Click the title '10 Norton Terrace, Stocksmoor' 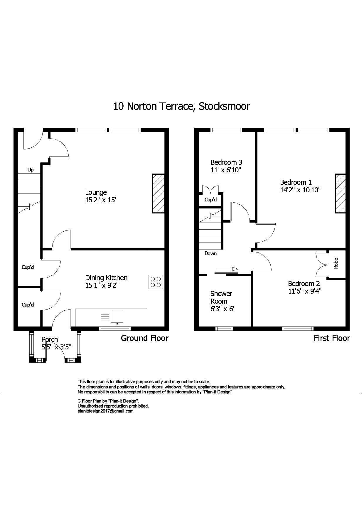click(181, 106)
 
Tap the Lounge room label click(96, 192)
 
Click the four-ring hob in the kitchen click(156, 282)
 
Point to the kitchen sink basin click(117, 317)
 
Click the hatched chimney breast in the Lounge click(158, 193)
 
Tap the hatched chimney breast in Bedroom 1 click(340, 193)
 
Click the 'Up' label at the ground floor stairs click(30, 170)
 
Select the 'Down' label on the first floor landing click(210, 253)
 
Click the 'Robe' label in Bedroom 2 click(336, 263)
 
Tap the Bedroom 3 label click(226, 162)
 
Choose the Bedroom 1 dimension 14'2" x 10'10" click(300, 190)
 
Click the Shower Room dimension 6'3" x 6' click(222, 309)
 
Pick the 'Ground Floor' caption click(145, 338)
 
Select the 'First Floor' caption click(332, 338)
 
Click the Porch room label click(50, 339)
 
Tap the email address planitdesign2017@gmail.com click(105, 411)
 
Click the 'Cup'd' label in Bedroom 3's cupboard click(210, 200)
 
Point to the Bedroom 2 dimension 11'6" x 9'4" click(305, 291)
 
